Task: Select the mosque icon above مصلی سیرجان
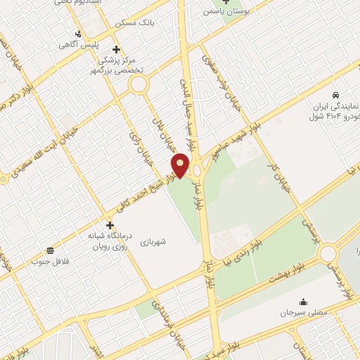coord(303,301)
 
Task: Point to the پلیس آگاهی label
coord(92,45)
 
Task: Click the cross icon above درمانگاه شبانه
coord(110,225)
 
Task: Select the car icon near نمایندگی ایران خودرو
coord(336,94)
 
